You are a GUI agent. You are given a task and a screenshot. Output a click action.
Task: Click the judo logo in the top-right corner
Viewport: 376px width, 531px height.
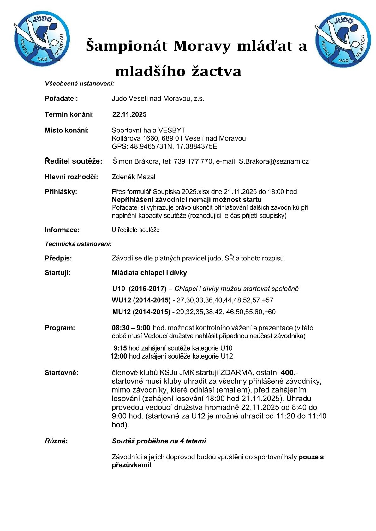pos(343,40)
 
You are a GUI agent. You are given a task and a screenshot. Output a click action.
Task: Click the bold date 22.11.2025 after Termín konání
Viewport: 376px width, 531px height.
pos(129,114)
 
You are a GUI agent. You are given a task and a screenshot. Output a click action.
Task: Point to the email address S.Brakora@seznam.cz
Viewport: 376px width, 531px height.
pos(273,161)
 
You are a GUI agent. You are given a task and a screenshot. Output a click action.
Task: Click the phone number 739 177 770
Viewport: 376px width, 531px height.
pos(193,161)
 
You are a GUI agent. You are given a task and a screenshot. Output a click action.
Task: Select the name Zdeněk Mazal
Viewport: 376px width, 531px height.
pos(134,177)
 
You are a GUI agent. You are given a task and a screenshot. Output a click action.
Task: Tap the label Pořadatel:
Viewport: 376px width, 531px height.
pos(61,98)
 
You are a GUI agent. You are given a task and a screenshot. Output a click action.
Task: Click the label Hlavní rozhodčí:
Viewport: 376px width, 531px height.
pos(71,177)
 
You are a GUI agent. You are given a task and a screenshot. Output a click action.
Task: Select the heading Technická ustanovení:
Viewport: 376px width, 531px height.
pos(78,244)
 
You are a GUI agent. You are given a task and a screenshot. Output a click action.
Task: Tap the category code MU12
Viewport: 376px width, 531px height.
pos(122,312)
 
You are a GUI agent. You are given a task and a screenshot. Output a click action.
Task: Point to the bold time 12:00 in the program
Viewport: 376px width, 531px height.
pos(119,356)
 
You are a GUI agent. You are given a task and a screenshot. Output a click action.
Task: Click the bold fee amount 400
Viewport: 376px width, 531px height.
pos(287,372)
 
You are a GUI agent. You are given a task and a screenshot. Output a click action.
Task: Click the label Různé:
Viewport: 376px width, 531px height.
pos(56,441)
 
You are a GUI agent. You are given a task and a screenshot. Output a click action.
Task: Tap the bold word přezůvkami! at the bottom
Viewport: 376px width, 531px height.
pos(132,465)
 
